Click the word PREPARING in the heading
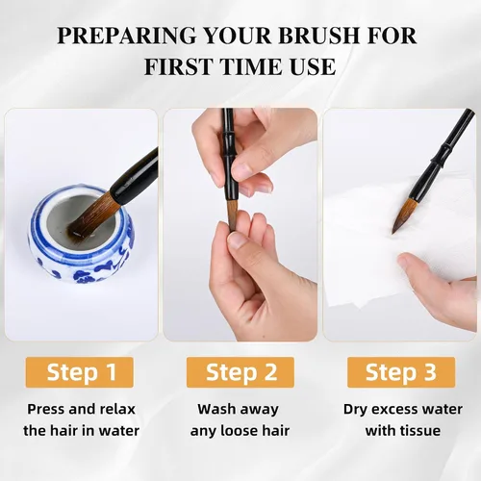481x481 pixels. (126, 35)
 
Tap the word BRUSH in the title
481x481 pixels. (317, 35)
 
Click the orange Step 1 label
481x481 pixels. (79, 372)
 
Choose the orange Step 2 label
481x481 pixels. (240, 372)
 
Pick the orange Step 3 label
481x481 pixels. (401, 372)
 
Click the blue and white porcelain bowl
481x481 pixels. (81, 234)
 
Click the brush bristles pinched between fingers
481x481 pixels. (233, 215)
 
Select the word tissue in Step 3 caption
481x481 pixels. (421, 431)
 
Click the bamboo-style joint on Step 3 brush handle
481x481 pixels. (443, 152)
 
